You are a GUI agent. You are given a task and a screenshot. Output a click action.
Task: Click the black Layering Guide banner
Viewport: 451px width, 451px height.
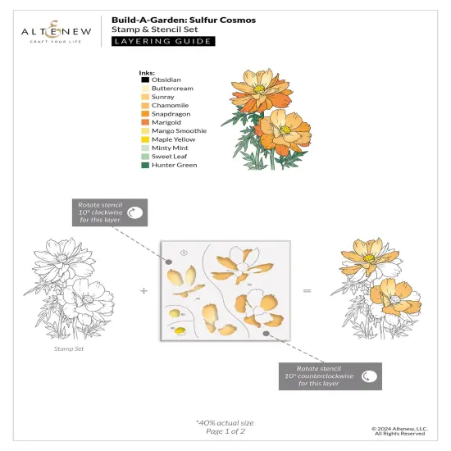[163, 41]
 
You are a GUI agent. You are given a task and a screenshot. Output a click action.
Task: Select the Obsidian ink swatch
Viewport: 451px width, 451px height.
[144, 80]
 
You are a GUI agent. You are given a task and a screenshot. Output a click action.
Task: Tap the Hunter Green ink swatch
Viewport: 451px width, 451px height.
[144, 165]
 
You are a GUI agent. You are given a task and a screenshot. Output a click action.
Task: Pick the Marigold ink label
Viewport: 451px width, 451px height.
[166, 122]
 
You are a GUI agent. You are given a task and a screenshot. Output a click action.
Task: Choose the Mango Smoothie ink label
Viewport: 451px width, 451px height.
[179, 130]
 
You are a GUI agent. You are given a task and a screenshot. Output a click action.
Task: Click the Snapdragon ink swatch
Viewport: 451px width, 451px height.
[144, 114]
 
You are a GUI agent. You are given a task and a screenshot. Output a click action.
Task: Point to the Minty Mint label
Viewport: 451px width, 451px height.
[170, 148]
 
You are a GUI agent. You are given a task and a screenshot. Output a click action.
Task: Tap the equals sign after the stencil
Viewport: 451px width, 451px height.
[307, 291]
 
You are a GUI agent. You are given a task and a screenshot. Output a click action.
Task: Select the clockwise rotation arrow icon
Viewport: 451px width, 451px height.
[135, 212]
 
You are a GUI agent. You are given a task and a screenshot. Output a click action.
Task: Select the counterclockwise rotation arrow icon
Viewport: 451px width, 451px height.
[369, 377]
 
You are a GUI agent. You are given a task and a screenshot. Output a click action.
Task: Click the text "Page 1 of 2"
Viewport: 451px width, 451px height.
[225, 430]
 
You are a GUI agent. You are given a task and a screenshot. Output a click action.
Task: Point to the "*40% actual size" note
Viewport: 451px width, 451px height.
[225, 421]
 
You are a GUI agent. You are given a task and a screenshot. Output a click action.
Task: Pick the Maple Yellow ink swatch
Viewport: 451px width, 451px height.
[144, 139]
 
